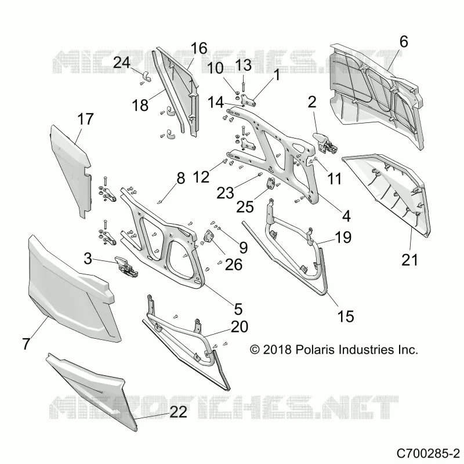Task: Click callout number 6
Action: [x=404, y=41]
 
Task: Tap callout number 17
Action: [x=85, y=119]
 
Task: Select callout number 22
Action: [x=178, y=412]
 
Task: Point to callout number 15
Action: [x=345, y=316]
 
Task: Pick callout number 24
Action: [x=122, y=63]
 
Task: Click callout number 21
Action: [x=409, y=260]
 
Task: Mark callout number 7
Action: [x=26, y=344]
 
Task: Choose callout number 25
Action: [x=245, y=207]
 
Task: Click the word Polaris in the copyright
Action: [x=314, y=350]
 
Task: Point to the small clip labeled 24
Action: [x=146, y=77]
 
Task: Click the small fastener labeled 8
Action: [x=160, y=202]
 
